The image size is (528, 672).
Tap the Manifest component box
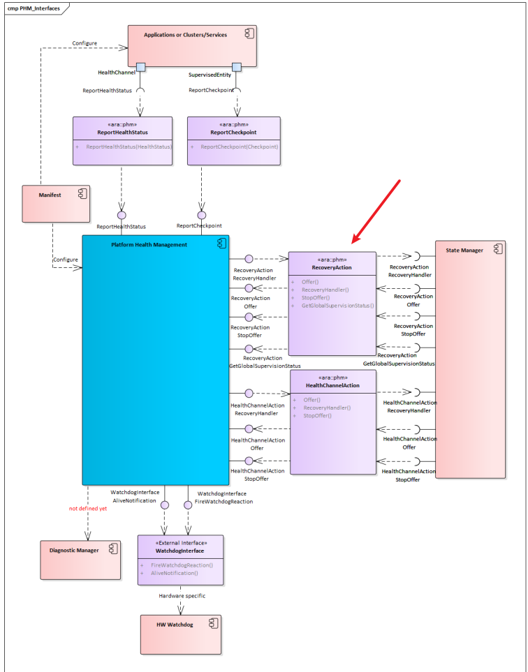coord(56,203)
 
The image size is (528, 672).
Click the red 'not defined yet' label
coord(87,509)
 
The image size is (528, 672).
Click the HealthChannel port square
coord(140,67)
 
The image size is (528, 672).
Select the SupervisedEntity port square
coord(236,67)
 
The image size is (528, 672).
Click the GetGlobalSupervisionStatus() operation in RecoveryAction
coord(338,306)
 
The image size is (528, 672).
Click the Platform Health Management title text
coord(149,245)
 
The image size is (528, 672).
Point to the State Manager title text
coord(464,250)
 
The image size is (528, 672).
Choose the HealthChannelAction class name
coord(332,385)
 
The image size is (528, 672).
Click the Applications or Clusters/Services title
coord(185,35)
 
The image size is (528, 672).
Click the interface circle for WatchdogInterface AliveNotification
coord(165,505)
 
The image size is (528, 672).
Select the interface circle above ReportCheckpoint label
coord(202,214)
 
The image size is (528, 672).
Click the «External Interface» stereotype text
coord(181,542)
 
